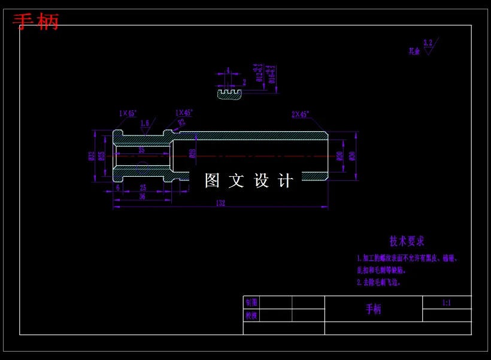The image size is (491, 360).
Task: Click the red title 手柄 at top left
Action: point(36,22)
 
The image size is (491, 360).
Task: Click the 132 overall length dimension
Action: point(220,203)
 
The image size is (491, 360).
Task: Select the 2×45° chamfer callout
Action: point(300,114)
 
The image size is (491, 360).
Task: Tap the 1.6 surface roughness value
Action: point(144,123)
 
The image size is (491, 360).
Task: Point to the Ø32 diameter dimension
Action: point(92,156)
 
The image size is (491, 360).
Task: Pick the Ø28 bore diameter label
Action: point(192,153)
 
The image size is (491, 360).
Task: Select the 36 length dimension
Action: point(142,196)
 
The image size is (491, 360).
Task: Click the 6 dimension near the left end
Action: point(118,187)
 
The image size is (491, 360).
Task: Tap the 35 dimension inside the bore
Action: point(141,150)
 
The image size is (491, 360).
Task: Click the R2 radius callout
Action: point(181,123)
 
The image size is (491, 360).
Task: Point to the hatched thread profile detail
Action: point(229,95)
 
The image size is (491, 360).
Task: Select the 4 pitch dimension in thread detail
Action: point(228,70)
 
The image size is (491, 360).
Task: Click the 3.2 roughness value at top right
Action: point(428,43)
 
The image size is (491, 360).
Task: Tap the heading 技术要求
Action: point(407,241)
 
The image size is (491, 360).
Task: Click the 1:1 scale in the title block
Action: point(447,302)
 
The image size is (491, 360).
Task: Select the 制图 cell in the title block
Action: point(251,302)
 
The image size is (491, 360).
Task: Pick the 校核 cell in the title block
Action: point(251,316)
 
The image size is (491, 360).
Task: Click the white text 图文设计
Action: point(249,180)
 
